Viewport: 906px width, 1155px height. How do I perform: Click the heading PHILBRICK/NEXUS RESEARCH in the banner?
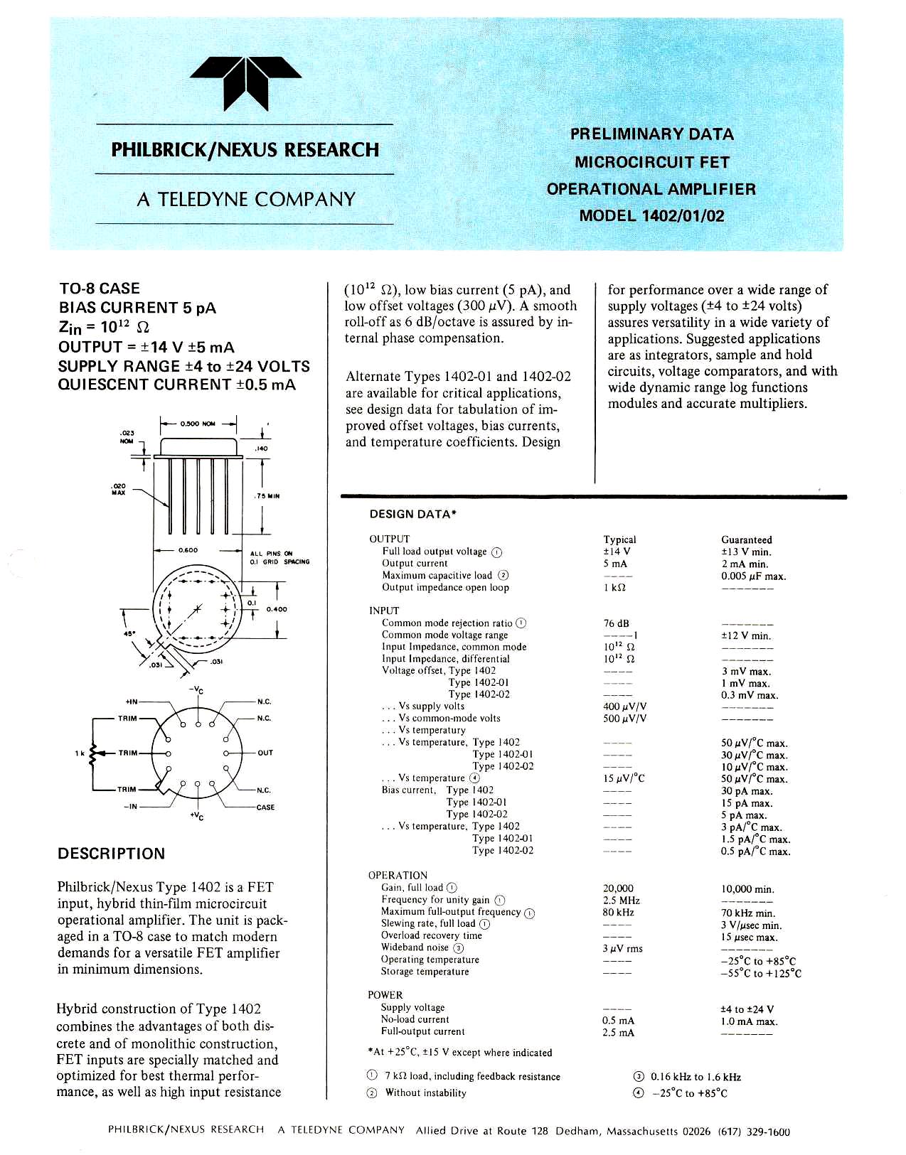pos(245,150)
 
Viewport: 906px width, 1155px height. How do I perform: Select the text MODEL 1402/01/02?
pos(651,216)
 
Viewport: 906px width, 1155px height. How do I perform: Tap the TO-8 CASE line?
pos(100,289)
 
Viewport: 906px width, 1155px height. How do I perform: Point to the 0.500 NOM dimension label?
pos(198,424)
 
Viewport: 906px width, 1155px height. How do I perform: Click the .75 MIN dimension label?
pos(267,496)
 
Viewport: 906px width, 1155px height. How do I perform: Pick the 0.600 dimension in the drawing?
pos(188,550)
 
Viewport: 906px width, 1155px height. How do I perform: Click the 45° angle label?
pos(130,633)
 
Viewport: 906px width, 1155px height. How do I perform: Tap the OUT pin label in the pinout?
pos(265,753)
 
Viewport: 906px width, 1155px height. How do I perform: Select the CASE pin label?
pos(265,807)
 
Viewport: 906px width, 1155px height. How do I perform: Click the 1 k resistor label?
pos(79,753)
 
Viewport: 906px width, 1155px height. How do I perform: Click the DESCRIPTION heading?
pos(111,854)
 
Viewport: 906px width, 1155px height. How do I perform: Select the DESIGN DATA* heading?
pos(412,514)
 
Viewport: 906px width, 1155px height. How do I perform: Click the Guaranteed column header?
pos(746,539)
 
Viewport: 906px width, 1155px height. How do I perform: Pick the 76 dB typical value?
pos(616,623)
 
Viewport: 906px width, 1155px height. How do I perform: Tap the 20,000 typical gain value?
pos(617,888)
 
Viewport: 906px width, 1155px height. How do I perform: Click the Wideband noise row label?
pos(415,947)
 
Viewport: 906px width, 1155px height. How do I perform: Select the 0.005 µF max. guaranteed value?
pos(753,576)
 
